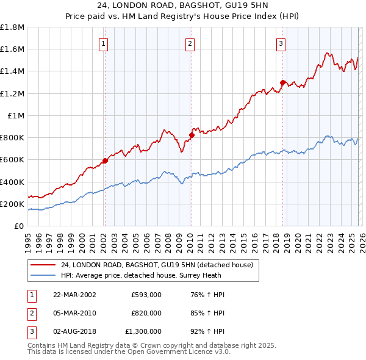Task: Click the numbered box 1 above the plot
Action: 104,43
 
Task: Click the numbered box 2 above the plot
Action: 190,43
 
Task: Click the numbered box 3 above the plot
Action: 281,43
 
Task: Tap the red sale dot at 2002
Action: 105,160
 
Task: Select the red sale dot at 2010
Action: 190,135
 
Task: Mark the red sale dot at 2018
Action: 282,82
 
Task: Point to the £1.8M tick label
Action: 12,27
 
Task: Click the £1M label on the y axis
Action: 16,115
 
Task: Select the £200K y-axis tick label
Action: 12,204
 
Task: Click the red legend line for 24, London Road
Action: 44,265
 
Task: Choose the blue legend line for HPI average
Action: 44,276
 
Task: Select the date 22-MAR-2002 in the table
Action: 74,295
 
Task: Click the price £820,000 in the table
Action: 146,313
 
